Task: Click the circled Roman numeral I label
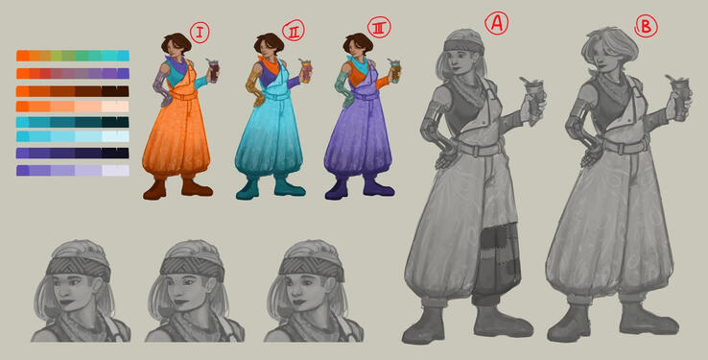(x=200, y=33)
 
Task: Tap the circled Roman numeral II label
(x=294, y=31)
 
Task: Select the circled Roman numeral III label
(x=379, y=28)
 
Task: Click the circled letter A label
(x=497, y=23)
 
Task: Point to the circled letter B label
(x=646, y=27)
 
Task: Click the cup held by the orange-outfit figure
(x=213, y=71)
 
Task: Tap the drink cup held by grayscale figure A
(x=534, y=100)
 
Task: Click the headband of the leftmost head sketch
(x=79, y=267)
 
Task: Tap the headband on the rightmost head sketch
(x=312, y=267)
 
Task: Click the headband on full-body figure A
(x=463, y=46)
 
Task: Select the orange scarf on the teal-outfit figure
(x=271, y=66)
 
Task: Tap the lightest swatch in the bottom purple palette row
(x=115, y=170)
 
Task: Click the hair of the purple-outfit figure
(x=358, y=43)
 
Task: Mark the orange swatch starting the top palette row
(x=23, y=56)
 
